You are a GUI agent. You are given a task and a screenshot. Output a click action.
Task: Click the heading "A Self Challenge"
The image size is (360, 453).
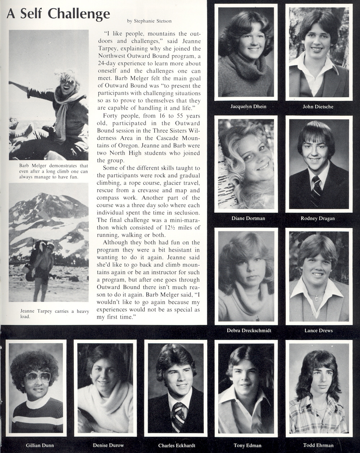pyautogui.click(x=58, y=14)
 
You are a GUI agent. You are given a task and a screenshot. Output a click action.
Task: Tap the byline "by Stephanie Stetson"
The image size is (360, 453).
pyautogui.click(x=149, y=21)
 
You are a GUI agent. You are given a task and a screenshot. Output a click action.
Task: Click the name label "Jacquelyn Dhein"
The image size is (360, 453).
pyautogui.click(x=248, y=106)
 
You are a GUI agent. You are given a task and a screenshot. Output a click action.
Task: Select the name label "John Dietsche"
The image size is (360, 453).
pyautogui.click(x=318, y=106)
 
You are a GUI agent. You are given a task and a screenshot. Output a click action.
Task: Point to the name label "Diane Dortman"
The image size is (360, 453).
pyautogui.click(x=248, y=218)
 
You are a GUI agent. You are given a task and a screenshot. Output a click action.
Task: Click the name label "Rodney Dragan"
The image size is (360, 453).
pyautogui.click(x=318, y=218)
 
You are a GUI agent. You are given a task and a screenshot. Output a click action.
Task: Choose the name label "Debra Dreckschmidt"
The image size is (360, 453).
pyautogui.click(x=249, y=330)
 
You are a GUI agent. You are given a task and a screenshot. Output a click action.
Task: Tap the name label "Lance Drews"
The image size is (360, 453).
pyautogui.click(x=318, y=330)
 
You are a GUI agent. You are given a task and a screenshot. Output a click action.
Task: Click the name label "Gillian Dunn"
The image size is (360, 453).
pyautogui.click(x=40, y=445)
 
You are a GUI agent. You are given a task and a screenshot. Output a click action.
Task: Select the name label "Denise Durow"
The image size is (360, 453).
pyautogui.click(x=108, y=445)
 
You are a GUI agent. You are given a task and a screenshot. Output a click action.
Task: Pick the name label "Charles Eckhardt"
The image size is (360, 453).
pyautogui.click(x=176, y=445)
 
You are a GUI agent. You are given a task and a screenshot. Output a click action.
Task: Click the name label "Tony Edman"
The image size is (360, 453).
pyautogui.click(x=247, y=445)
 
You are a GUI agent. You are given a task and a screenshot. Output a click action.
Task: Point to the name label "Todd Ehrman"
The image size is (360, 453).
pyautogui.click(x=318, y=445)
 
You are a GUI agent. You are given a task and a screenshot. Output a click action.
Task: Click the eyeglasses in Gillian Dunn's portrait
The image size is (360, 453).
pyautogui.click(x=38, y=377)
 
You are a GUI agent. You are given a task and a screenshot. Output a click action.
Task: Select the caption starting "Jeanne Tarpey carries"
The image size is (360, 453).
pyautogui.click(x=54, y=314)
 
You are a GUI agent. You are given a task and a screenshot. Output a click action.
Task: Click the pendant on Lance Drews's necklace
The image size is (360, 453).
pyautogui.click(x=316, y=298)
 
